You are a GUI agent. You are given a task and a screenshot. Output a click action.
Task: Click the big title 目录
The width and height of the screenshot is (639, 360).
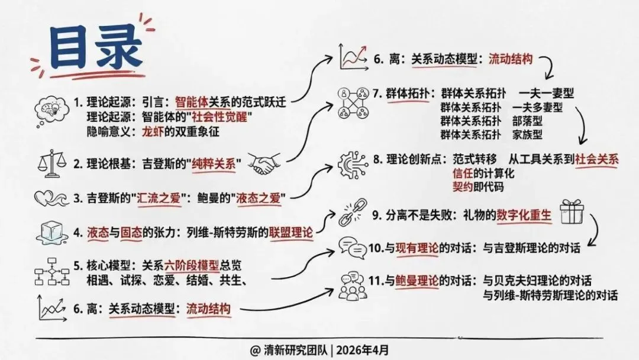(89, 50)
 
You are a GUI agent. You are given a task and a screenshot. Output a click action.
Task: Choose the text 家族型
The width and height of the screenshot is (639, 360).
(528, 134)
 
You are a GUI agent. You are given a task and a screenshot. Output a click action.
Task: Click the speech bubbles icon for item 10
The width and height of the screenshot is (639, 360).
(350, 248)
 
